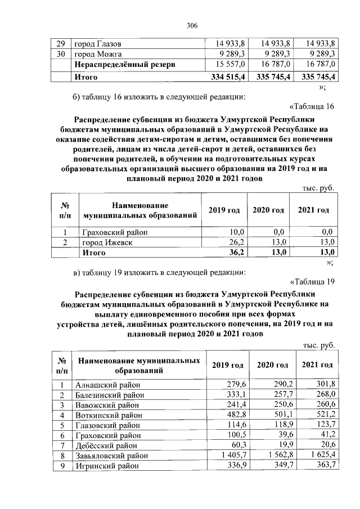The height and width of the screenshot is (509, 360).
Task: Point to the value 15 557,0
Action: pos(231,65)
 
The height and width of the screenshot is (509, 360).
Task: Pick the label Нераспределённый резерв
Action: pos(125,65)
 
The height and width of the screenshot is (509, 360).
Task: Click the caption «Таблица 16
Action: pos(312,107)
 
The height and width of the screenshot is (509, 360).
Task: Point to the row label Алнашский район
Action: pos(107,385)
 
